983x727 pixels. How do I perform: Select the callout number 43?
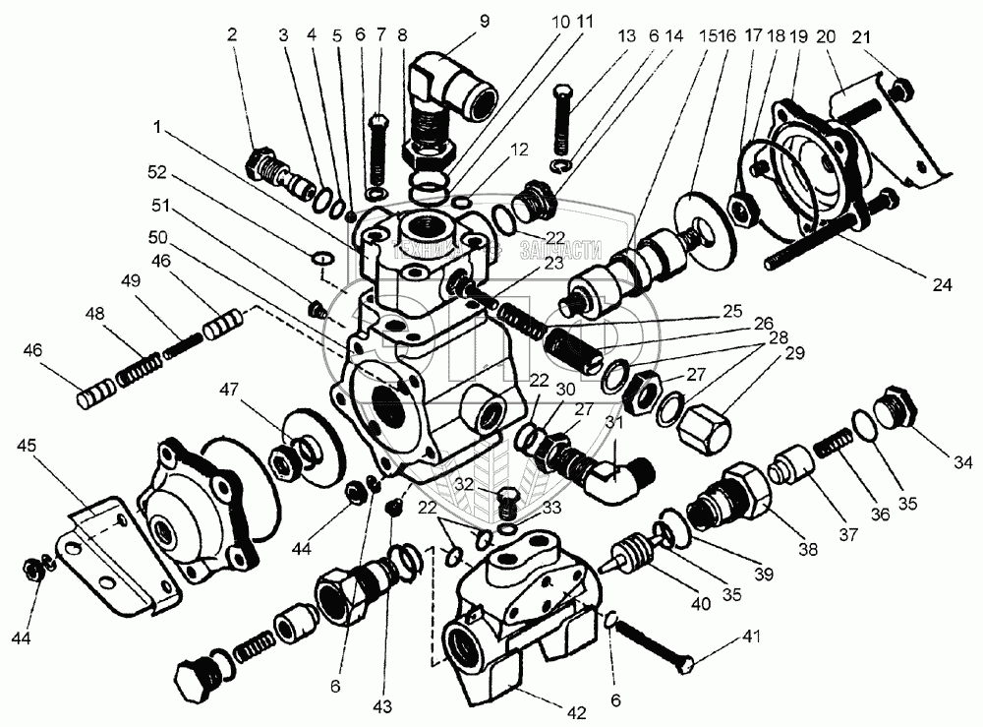click(381, 706)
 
